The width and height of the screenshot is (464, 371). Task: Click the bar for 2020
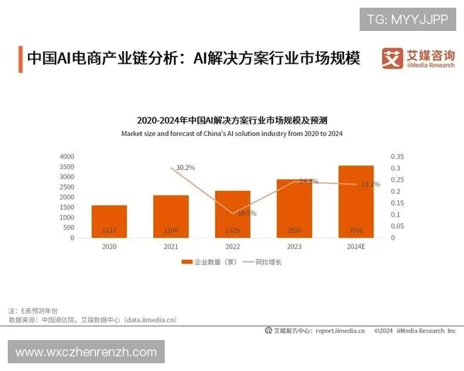109,221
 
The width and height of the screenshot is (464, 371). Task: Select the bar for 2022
232,213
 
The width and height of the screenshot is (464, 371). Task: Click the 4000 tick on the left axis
68,156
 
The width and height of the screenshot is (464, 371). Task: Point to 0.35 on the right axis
397,156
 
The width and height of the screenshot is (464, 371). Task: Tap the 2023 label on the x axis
294,247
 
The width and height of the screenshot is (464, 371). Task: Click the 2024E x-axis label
355,247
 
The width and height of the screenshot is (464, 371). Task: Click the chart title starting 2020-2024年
232,121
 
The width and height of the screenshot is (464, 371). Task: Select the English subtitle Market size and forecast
232,134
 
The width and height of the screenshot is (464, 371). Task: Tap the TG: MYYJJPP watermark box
408,18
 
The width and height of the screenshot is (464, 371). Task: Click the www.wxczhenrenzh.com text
86,352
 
